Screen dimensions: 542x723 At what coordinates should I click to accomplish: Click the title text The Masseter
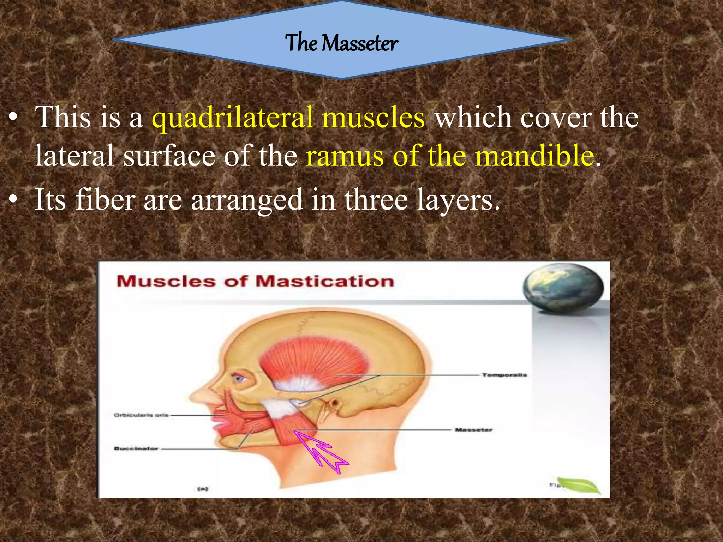[341, 43]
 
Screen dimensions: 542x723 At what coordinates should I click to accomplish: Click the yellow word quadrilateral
[233, 117]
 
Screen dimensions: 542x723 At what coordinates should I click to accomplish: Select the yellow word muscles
[373, 117]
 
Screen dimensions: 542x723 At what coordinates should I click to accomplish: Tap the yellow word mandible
[534, 156]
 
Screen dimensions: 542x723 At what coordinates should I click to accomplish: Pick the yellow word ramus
[345, 156]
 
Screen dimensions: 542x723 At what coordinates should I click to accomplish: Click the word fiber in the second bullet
[105, 199]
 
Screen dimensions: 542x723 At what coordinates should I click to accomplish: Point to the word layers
[458, 200]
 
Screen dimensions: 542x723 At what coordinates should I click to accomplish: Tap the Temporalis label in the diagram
[504, 375]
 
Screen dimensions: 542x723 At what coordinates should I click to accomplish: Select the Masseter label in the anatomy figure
[473, 430]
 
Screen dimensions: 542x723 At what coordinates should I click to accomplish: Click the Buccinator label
[136, 448]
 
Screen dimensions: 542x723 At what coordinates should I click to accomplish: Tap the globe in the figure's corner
[563, 288]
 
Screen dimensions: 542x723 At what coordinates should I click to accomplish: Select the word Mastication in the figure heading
[324, 282]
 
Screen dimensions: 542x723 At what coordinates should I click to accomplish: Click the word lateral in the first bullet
[74, 156]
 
